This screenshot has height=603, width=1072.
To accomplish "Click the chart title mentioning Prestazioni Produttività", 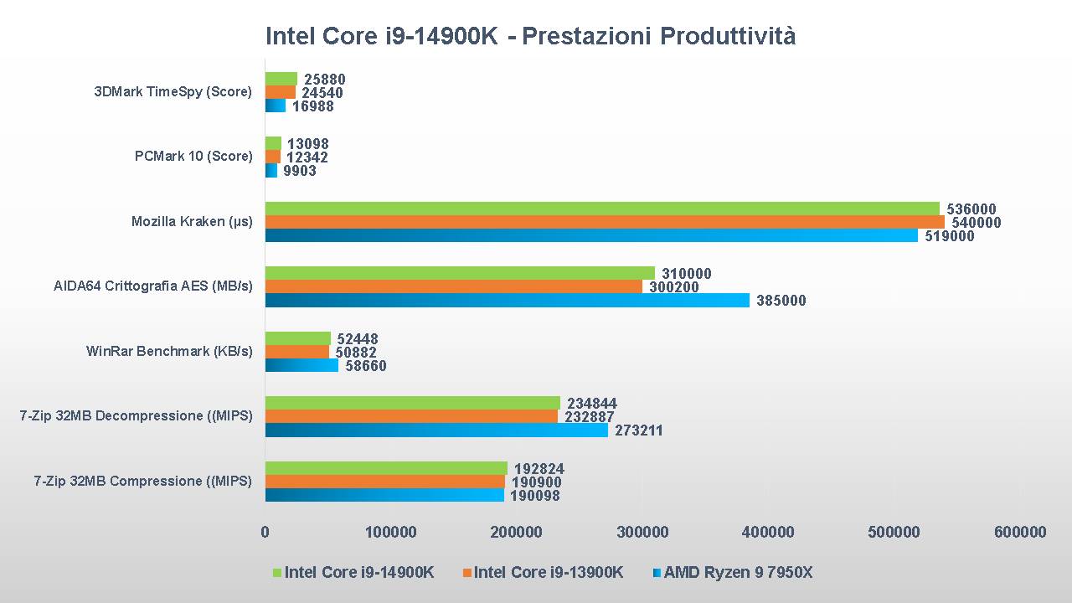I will pyautogui.click(x=530, y=36).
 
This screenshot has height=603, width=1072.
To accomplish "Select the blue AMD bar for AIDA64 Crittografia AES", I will pyautogui.click(x=507, y=300).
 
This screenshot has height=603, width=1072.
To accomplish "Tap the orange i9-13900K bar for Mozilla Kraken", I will pyautogui.click(x=605, y=222).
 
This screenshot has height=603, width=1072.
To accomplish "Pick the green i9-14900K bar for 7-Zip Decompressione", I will pyautogui.click(x=412, y=403).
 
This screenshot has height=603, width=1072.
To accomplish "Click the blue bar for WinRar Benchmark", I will pyautogui.click(x=301, y=365).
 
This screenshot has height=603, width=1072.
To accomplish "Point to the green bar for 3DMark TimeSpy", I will pyautogui.click(x=281, y=79).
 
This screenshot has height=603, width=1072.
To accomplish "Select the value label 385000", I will pyautogui.click(x=781, y=301).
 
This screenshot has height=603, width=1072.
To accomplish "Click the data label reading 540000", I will pyautogui.click(x=976, y=223).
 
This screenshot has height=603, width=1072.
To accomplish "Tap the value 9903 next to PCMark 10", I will pyautogui.click(x=300, y=171).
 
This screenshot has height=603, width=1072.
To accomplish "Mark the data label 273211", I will pyautogui.click(x=638, y=430).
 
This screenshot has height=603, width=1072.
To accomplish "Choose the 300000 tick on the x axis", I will pyautogui.click(x=642, y=532).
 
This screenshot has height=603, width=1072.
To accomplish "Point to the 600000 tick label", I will pyautogui.click(x=1020, y=532).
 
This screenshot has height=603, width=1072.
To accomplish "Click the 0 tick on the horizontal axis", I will pyautogui.click(x=265, y=532).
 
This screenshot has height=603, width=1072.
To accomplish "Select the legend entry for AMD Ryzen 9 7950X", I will pyautogui.click(x=738, y=573).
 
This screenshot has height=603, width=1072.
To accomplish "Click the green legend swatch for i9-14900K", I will pyautogui.click(x=277, y=573).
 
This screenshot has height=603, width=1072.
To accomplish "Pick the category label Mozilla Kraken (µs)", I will pyautogui.click(x=192, y=222).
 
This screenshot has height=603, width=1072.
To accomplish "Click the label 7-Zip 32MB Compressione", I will pyautogui.click(x=142, y=481).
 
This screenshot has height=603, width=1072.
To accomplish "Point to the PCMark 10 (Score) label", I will pyautogui.click(x=193, y=156).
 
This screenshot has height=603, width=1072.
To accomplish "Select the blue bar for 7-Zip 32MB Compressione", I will pyautogui.click(x=384, y=495).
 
